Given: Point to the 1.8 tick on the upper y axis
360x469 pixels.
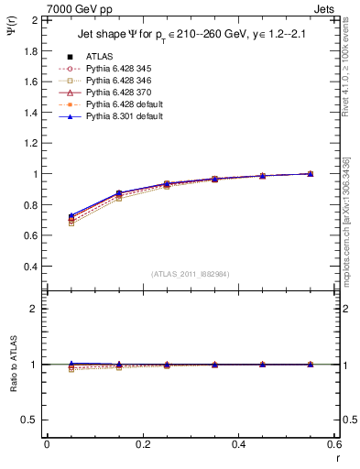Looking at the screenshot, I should point(31,50).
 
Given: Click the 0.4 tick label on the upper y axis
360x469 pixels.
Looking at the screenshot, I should point(31,267).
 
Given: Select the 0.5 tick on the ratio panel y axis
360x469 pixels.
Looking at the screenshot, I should point(31,420).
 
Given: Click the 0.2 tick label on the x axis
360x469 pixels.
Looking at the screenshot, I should point(142,443).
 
